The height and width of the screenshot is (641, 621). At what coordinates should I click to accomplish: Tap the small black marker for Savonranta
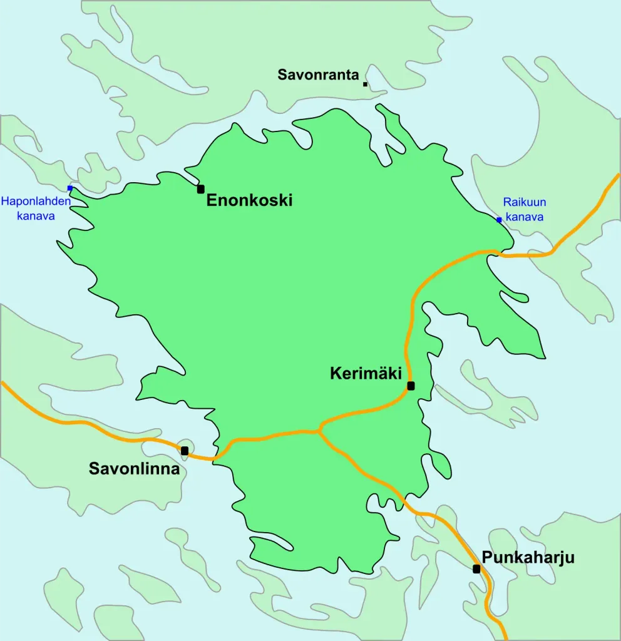(x=365, y=84)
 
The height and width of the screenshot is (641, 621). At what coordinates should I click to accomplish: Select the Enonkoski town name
(x=249, y=200)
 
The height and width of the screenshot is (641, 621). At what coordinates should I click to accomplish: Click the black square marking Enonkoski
(x=200, y=188)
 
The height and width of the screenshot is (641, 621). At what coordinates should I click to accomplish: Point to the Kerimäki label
(x=365, y=374)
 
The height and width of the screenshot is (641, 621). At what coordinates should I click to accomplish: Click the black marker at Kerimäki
(x=411, y=386)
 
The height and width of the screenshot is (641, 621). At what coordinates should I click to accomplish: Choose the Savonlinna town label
(x=134, y=468)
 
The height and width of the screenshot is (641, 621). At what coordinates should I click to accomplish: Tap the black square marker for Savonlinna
(x=184, y=450)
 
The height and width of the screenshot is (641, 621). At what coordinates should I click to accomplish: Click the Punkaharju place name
(x=528, y=558)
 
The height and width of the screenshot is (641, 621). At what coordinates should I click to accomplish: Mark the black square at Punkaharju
(x=476, y=569)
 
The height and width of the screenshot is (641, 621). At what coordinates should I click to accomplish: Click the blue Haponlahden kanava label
(x=36, y=208)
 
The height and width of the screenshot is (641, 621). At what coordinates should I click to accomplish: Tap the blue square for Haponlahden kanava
(x=70, y=188)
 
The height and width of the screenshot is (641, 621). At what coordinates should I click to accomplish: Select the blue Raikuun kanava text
(x=525, y=210)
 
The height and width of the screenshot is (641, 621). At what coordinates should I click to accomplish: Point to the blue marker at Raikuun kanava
(x=499, y=220)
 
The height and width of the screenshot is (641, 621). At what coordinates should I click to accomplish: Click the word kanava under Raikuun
(x=525, y=217)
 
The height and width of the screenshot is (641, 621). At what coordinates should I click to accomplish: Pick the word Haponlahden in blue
(x=36, y=201)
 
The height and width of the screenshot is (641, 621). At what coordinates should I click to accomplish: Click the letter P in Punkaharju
(x=486, y=558)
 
